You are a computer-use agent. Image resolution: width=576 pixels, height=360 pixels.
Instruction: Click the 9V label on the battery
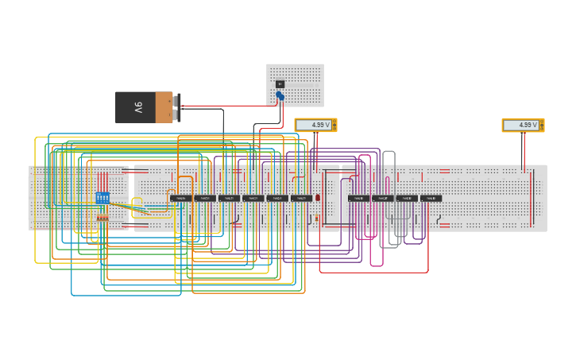138,106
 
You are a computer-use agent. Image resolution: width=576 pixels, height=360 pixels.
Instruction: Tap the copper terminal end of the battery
164,107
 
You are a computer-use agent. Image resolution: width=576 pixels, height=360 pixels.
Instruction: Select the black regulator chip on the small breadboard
280,84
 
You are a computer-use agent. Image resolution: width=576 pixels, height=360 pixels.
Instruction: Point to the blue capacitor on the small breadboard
280,96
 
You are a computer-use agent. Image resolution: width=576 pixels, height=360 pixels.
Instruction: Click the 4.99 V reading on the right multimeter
520,125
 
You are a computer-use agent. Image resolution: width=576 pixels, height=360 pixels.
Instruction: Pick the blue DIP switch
102,197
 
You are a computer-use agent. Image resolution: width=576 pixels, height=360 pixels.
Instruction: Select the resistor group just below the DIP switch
102,217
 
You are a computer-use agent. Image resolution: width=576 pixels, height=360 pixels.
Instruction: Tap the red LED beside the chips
318,197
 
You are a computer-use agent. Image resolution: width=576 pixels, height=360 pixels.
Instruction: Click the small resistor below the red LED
317,217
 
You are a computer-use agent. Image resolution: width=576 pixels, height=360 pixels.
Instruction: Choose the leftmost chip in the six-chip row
180,198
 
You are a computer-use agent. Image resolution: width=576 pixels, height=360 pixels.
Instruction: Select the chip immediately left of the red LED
301,198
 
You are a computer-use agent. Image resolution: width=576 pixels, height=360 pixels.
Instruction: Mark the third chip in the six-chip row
229,198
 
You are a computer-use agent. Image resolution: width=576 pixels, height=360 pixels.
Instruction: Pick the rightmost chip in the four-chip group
431,198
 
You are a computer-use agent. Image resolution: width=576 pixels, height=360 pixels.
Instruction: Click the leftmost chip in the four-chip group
358,198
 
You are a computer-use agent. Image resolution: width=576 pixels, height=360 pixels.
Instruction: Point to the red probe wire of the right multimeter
533,151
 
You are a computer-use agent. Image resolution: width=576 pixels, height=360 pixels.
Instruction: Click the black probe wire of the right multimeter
523,151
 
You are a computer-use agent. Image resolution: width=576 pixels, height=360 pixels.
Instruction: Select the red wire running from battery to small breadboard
230,106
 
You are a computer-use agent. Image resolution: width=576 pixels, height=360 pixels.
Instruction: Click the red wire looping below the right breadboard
373,272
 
